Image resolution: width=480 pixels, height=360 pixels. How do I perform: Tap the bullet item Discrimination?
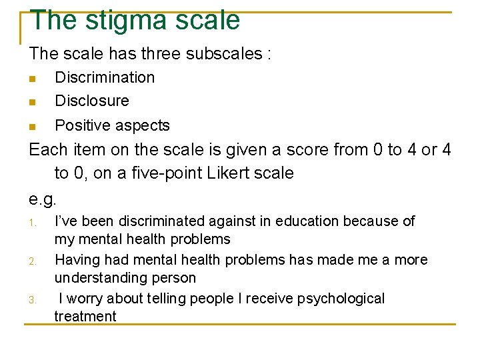pos(105,77)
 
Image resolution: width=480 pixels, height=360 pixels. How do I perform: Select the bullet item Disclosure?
pos(92,101)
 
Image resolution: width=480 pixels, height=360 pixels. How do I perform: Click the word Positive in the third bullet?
pos(81,125)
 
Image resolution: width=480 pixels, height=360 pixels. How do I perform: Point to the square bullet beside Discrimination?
pos(32,79)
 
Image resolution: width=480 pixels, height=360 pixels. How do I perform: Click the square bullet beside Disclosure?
pos(32,103)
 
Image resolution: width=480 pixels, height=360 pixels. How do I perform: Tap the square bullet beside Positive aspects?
pos(32,127)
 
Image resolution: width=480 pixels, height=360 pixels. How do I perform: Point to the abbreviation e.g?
pos(43,199)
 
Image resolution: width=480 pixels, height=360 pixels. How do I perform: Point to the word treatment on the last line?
pos(85,317)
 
